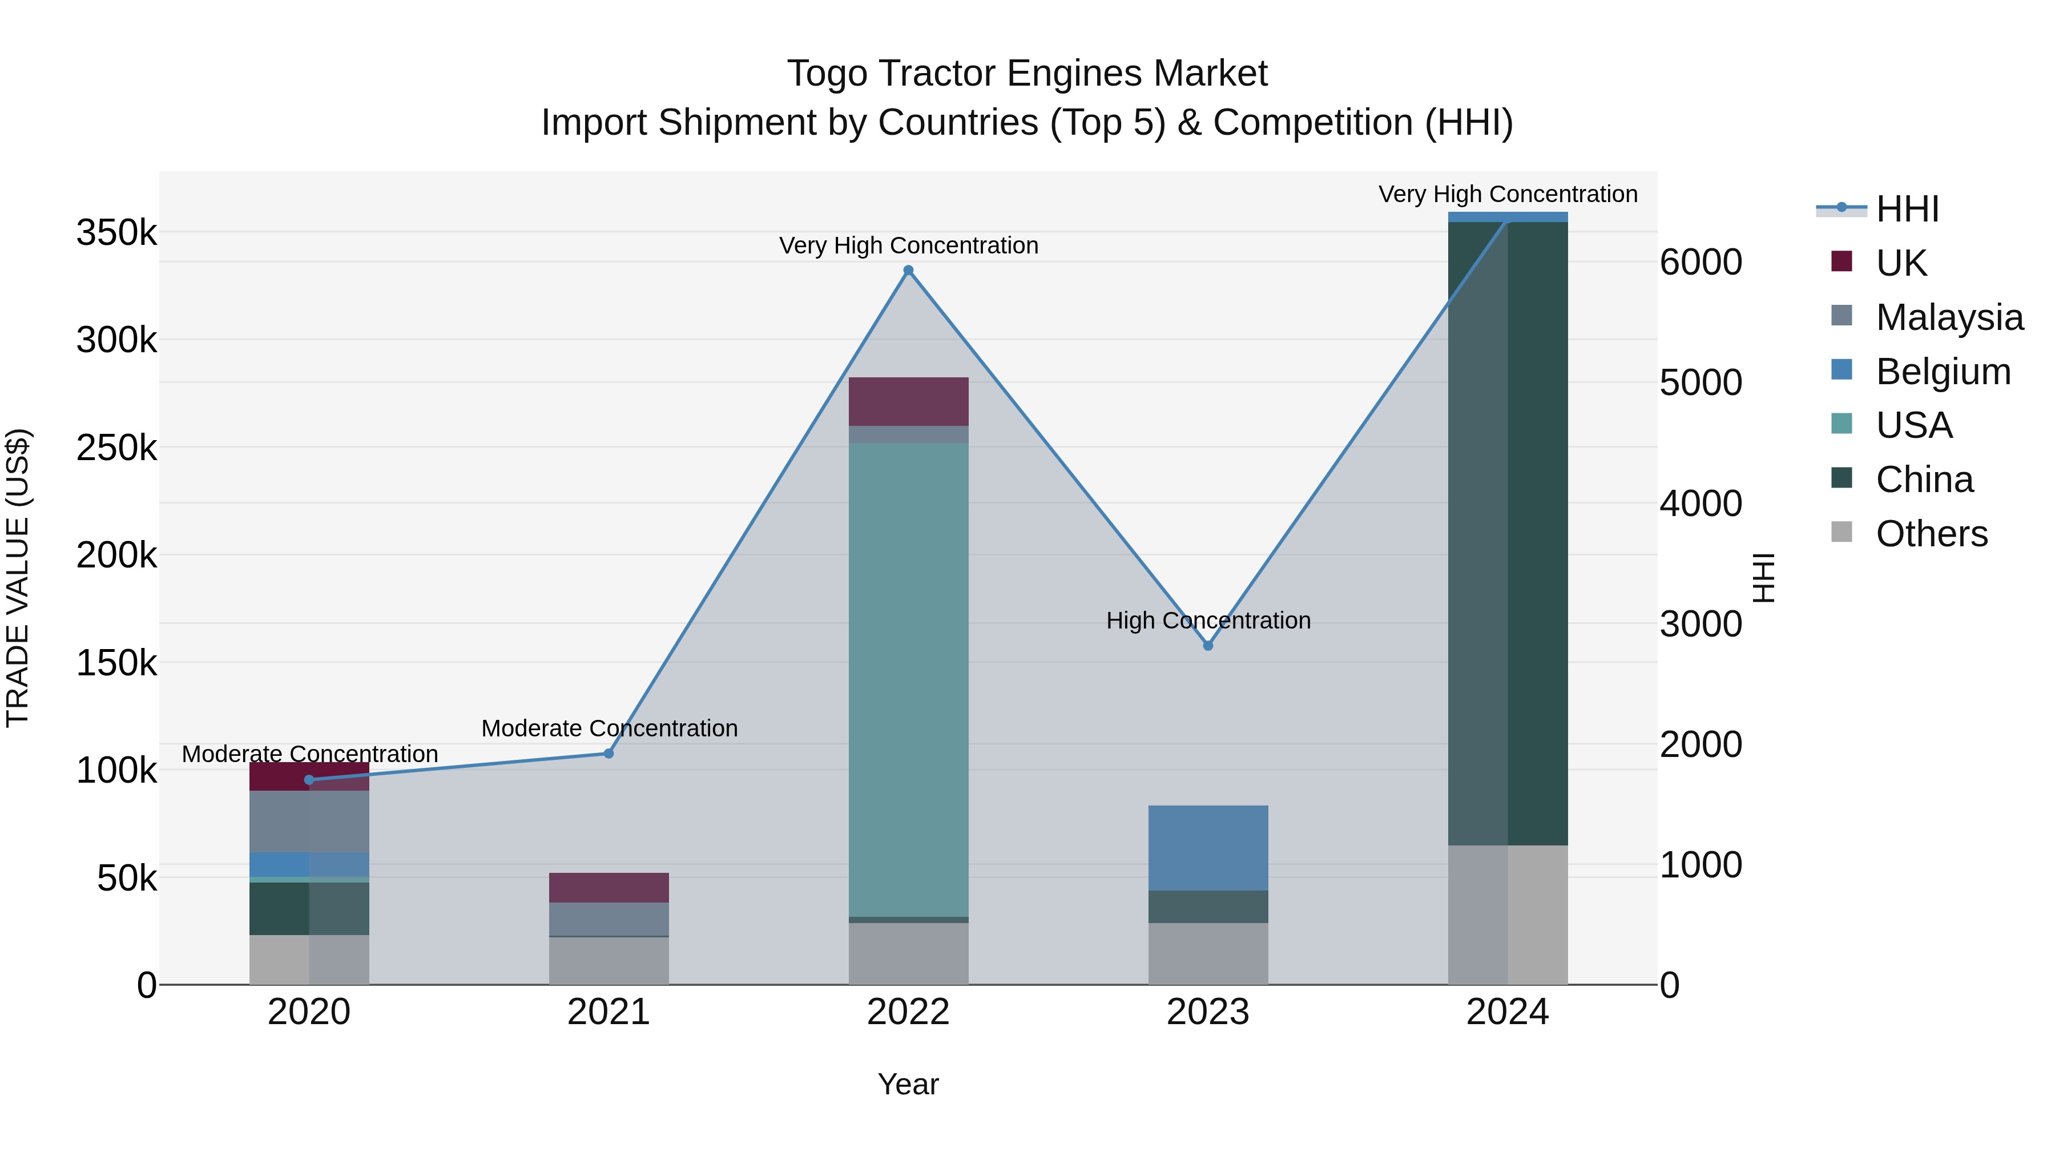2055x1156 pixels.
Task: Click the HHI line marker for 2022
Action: pos(908,271)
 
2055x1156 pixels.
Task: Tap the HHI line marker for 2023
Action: pos(1208,646)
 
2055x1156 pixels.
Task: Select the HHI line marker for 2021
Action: pos(609,753)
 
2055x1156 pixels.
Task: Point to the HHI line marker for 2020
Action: pos(309,779)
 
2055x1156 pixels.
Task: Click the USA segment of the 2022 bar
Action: pos(908,679)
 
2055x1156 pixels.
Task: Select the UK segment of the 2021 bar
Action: pos(609,887)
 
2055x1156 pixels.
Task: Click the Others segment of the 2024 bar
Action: pos(1508,915)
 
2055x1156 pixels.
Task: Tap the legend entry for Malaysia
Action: pos(1949,317)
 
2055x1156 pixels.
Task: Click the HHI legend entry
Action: pos(1907,209)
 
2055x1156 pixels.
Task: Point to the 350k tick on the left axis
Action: pos(116,233)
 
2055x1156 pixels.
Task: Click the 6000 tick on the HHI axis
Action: pos(1701,263)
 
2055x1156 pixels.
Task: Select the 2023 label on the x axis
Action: pos(1208,1012)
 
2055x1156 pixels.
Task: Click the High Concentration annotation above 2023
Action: pos(1208,620)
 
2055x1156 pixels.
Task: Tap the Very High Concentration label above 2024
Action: pos(1508,194)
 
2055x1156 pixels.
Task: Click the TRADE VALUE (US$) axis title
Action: pos(18,578)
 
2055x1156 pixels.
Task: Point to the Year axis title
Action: pos(908,1084)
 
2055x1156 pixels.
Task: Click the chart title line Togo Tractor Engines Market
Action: pos(1027,74)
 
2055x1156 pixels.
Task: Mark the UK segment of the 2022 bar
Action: pos(908,401)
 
